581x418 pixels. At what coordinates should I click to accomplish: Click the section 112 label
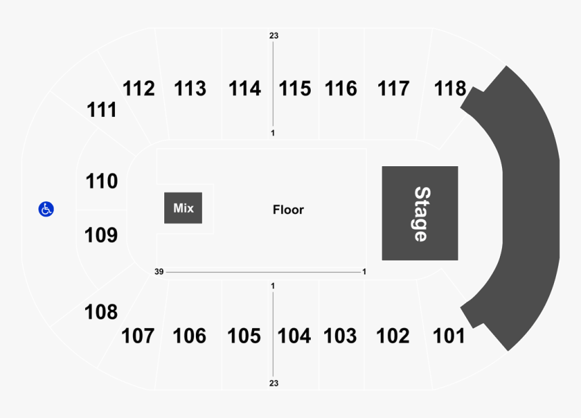coord(138,88)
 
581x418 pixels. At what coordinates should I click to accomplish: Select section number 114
coord(245,88)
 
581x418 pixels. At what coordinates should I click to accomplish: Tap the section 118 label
coord(450,88)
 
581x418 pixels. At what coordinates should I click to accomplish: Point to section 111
coord(101,110)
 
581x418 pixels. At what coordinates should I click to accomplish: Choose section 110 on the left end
coord(101,182)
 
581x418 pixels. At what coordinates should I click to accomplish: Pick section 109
coord(101,235)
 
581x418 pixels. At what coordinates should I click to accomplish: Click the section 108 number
coord(101,312)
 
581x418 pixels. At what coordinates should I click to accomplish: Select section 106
coord(189,336)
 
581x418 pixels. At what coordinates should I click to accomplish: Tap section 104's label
coord(294,336)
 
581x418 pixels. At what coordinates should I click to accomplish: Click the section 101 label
coord(449,336)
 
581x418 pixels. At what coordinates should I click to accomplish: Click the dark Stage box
coord(420,213)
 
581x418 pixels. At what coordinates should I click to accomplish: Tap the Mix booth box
coord(183,208)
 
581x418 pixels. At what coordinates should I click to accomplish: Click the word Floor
coord(288,210)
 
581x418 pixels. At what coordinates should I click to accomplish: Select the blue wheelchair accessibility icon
coord(46,209)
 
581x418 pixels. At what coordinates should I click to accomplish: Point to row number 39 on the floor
coord(159,271)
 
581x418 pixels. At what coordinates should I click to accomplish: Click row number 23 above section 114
coord(274,36)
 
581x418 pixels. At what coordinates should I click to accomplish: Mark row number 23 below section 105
coord(274,383)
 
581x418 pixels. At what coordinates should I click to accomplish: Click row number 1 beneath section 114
coord(273,133)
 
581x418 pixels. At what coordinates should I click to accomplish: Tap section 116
coord(341,88)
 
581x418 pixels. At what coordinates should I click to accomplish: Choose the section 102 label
coord(393,336)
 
